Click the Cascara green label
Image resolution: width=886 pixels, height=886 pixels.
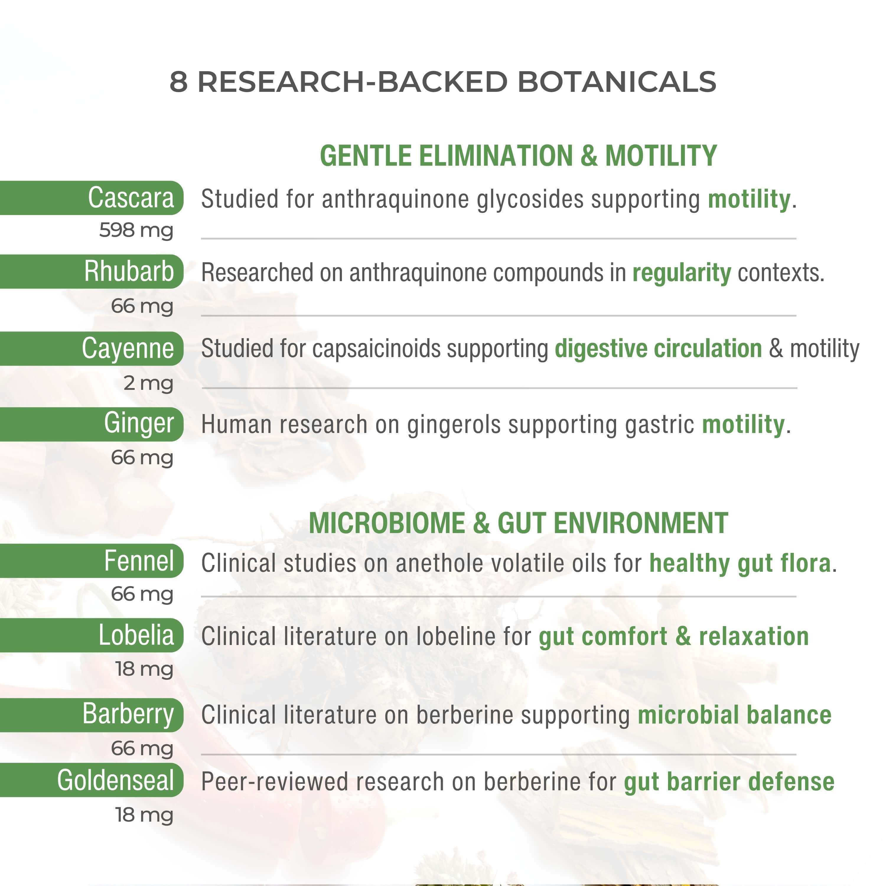92,198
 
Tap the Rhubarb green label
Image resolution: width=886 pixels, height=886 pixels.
92,271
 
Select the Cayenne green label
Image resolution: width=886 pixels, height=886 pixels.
92,348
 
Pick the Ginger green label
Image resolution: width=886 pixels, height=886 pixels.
92,424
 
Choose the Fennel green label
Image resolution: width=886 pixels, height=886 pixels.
92,561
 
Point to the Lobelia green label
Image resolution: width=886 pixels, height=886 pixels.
92,635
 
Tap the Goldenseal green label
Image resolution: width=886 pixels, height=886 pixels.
92,780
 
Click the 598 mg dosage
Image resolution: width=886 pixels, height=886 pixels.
136,230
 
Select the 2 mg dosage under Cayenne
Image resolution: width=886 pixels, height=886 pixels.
149,383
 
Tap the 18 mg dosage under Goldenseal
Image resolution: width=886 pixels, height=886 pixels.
144,815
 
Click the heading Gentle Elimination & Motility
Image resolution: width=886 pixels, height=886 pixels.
518,156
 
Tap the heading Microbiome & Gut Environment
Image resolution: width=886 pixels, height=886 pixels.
518,523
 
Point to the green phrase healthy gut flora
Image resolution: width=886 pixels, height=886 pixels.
740,563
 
